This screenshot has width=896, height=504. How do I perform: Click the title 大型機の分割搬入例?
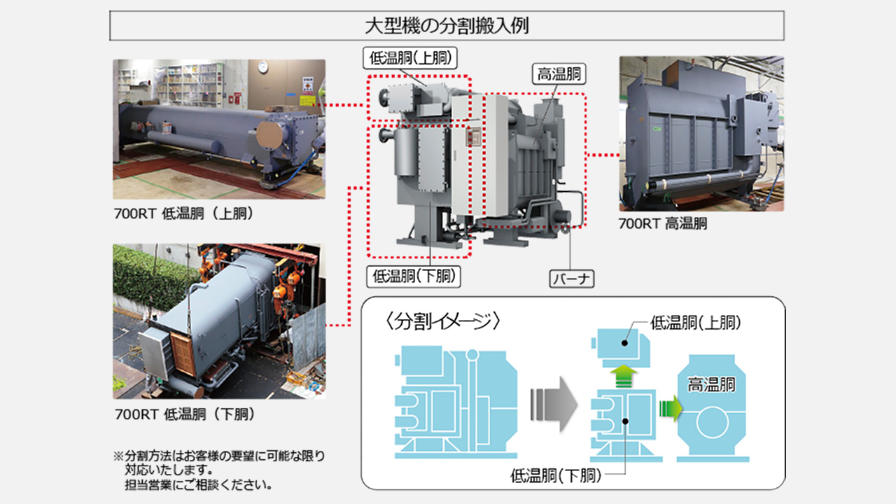(x=447, y=27)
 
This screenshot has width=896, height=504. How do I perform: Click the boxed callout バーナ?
(x=571, y=279)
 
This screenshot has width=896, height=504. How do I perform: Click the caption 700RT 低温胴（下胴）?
(x=183, y=414)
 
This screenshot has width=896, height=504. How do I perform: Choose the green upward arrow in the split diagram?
(x=620, y=375)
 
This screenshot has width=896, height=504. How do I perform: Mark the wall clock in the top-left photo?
(x=262, y=66)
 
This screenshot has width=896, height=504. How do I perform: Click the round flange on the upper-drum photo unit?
(x=270, y=134)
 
